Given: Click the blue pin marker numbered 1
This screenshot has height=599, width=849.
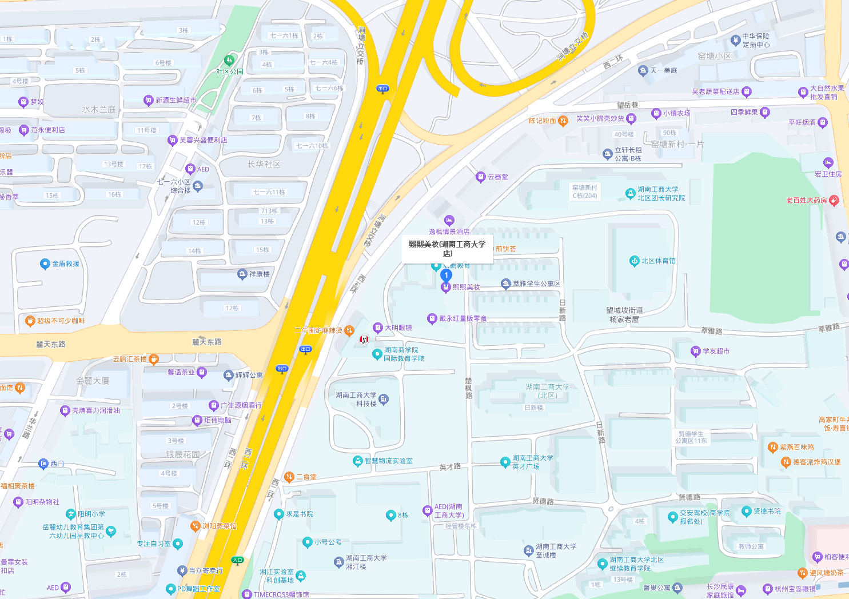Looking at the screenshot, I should click(x=446, y=275).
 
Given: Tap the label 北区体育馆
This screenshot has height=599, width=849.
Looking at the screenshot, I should click(x=657, y=261).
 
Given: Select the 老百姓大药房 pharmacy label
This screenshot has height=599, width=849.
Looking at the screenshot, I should click(x=806, y=201).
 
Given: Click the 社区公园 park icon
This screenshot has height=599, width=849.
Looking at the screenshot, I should click(x=229, y=61).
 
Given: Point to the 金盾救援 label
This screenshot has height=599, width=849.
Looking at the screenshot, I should click(x=65, y=264).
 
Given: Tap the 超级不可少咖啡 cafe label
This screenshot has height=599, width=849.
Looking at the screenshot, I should click(x=60, y=321).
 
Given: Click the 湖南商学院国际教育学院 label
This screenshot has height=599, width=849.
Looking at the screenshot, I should click(x=404, y=354).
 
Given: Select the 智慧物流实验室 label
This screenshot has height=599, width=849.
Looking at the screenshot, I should click(x=388, y=461).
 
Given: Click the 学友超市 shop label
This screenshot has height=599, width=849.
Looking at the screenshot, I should click(x=715, y=352).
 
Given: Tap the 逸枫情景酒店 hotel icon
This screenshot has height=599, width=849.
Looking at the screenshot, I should click(x=449, y=221).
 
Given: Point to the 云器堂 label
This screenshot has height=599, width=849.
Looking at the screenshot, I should click(x=497, y=177).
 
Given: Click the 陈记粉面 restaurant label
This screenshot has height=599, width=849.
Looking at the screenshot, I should click(x=542, y=121).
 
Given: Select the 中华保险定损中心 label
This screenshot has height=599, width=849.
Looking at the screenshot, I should click(x=755, y=41).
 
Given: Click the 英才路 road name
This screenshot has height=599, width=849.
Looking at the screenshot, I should click(x=450, y=468).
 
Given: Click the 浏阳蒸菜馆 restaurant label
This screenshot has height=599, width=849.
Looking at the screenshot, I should click(x=218, y=526).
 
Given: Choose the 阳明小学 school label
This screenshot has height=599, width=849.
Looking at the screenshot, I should click(x=91, y=514).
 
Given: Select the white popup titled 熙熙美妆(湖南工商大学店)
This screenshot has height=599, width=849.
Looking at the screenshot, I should click(x=447, y=249).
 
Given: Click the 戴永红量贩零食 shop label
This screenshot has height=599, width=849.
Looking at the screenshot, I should click(x=463, y=319).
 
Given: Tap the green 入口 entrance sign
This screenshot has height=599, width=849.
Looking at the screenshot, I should click(x=237, y=560).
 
